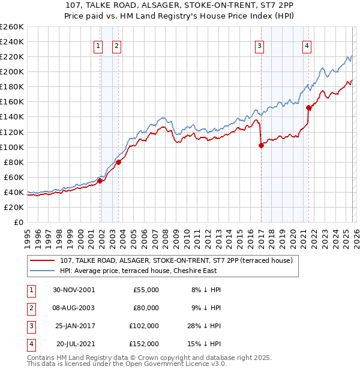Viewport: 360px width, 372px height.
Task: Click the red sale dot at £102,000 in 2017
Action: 262,145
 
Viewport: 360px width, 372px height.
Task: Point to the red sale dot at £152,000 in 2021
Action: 309,108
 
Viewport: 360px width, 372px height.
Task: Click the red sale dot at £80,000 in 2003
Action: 119,162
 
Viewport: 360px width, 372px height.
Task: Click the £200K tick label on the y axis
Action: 12,71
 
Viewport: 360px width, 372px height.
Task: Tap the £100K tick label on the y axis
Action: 12,147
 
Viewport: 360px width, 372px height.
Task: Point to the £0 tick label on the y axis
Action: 18,222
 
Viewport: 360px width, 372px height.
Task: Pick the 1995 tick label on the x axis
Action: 28,235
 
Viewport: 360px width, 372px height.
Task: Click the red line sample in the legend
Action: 43,260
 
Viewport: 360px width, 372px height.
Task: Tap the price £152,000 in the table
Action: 145,344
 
